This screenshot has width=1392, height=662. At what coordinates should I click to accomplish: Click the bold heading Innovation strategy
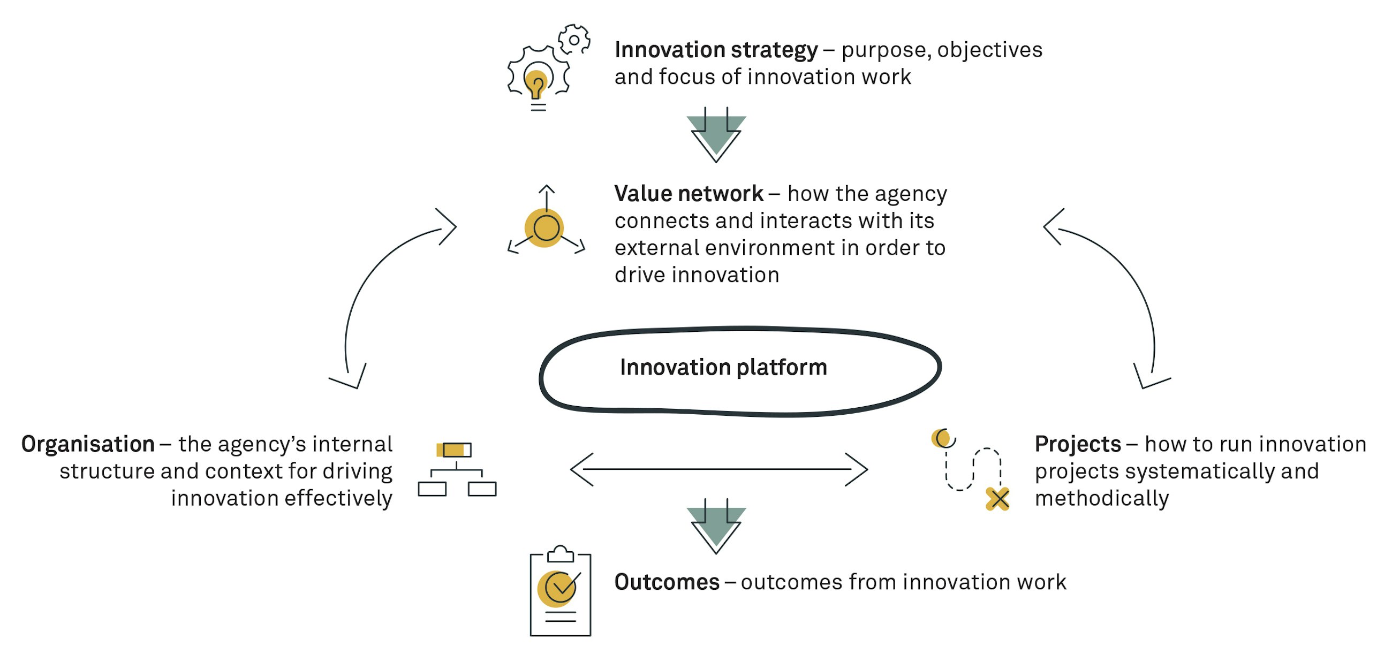715,50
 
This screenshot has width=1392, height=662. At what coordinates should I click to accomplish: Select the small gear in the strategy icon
574,40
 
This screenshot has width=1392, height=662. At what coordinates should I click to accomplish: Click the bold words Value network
689,194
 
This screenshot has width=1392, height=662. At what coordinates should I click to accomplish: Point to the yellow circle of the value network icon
544,228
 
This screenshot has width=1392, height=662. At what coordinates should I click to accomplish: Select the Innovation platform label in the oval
723,368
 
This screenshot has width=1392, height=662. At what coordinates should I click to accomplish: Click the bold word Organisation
88,444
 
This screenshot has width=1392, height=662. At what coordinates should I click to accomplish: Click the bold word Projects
1078,444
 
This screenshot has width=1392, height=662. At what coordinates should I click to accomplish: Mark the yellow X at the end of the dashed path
997,499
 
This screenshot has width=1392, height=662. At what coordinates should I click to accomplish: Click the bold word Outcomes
667,582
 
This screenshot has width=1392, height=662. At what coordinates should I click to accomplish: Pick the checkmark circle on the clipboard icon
560,588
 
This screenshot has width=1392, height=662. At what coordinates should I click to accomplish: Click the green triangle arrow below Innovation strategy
716,135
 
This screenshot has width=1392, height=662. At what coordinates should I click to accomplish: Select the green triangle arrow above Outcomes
716,527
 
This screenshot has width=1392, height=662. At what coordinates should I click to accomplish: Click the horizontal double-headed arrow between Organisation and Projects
718,469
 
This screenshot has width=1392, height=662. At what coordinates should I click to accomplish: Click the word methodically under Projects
1101,498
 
